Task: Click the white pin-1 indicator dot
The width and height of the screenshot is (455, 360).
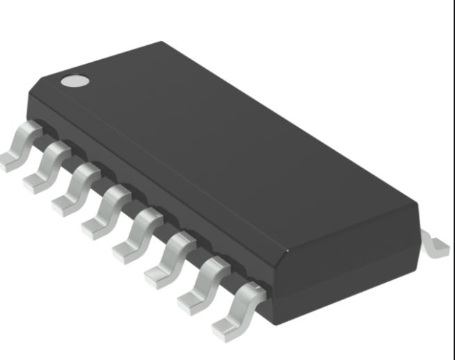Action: coord(75,81)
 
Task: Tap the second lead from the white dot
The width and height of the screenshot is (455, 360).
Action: coord(49,163)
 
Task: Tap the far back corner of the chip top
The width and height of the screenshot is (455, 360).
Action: coord(164,43)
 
